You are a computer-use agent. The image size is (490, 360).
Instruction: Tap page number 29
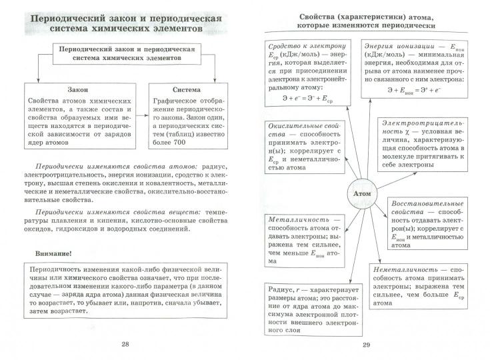(365, 345)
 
